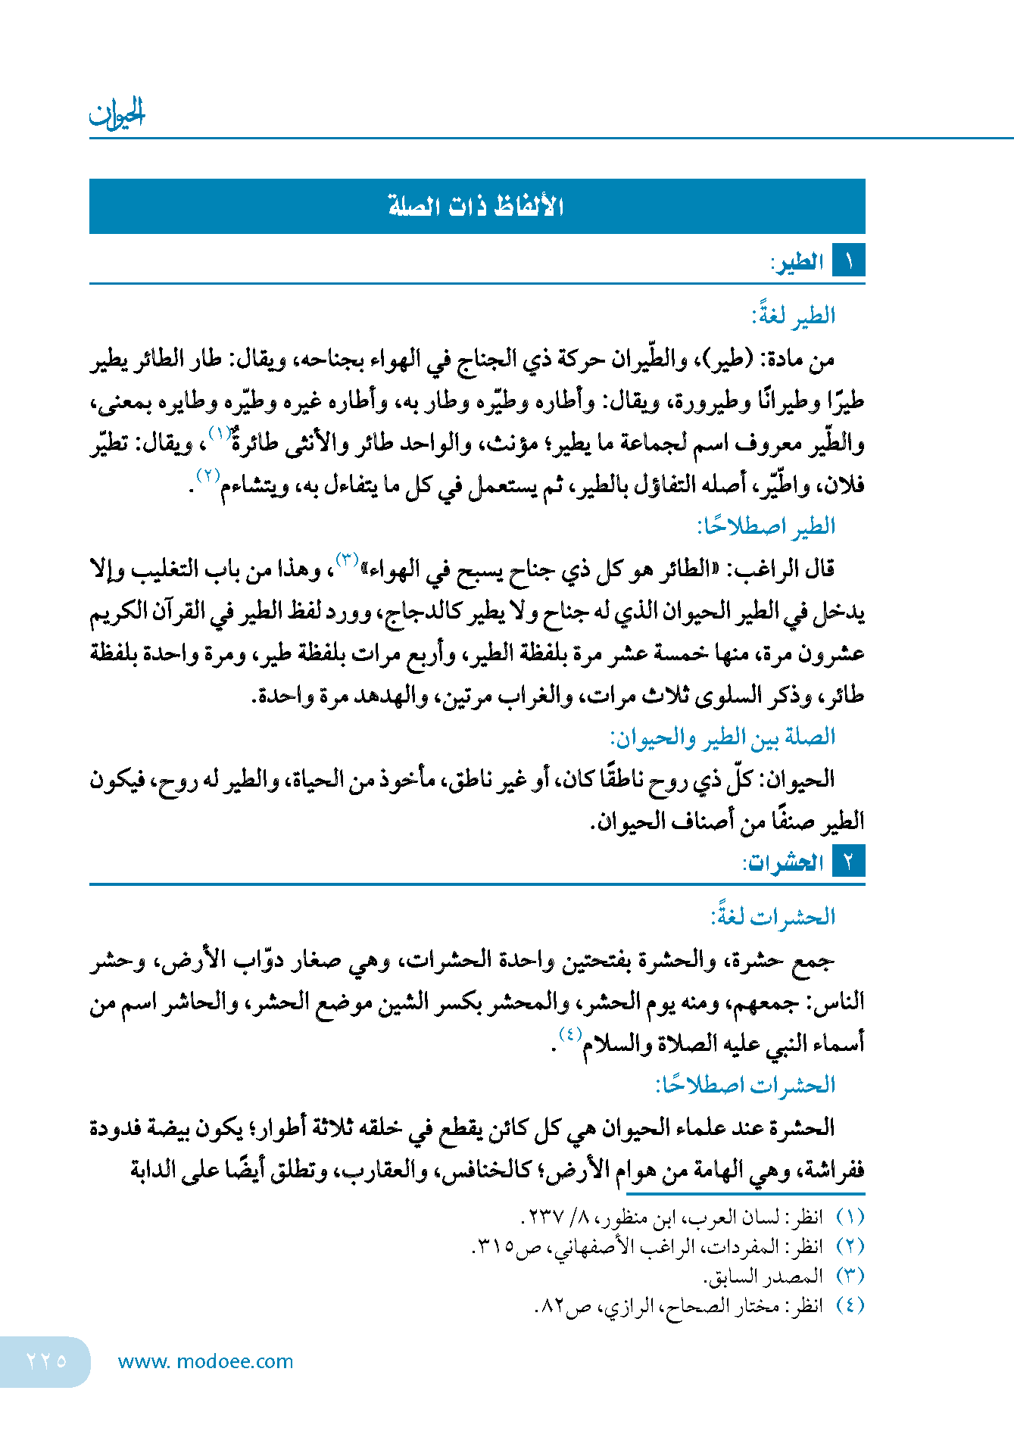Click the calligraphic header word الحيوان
click(x=117, y=114)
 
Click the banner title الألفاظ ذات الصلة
click(x=476, y=206)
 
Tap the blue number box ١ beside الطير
click(x=849, y=261)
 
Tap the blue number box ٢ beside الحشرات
click(x=849, y=862)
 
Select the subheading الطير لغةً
click(x=793, y=315)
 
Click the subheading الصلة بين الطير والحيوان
click(x=722, y=737)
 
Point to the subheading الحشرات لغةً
click(x=772, y=917)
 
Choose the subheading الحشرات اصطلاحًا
click(x=745, y=1085)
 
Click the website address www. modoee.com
click(x=205, y=1361)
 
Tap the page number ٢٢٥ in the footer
click(x=47, y=1361)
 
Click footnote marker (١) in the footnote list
click(x=850, y=1217)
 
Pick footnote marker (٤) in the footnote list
click(x=850, y=1305)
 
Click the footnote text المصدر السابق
click(x=763, y=1277)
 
